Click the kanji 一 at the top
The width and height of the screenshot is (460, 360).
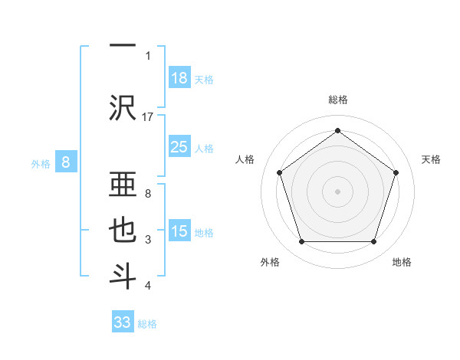(123, 46)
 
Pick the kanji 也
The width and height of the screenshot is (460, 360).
(123, 231)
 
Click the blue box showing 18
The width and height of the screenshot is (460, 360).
(179, 78)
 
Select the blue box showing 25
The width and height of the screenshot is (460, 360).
(179, 147)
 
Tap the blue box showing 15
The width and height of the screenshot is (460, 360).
(179, 231)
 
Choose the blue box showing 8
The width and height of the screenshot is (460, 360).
(66, 162)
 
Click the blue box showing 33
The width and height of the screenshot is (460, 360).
(123, 322)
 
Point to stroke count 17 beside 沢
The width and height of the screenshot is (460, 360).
(148, 117)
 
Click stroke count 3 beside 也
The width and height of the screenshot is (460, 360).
(148, 241)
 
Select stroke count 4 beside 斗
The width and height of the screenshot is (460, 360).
(148, 286)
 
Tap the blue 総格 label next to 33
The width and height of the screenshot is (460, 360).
(147, 324)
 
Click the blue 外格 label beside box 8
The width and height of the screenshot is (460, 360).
(41, 163)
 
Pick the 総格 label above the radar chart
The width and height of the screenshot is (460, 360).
(337, 100)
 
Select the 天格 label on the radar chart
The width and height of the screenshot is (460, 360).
(431, 159)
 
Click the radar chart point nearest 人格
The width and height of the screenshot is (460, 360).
(279, 172)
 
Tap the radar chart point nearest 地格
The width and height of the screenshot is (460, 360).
(373, 242)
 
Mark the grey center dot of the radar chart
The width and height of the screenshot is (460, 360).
(337, 191)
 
